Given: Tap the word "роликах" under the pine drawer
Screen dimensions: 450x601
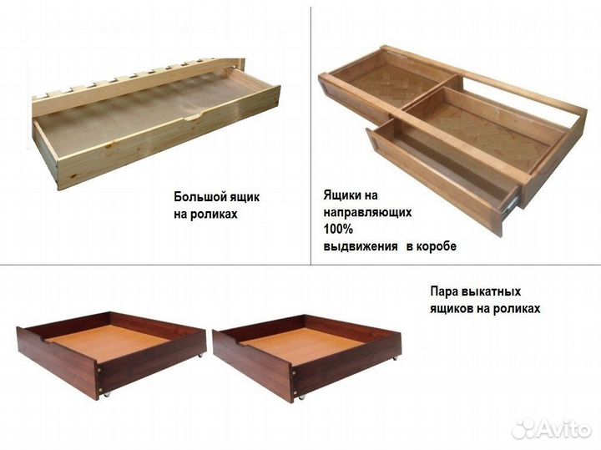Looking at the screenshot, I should [211, 213].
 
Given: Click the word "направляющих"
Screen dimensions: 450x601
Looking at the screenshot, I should [367, 213].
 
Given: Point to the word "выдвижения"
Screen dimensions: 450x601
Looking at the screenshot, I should [357, 247].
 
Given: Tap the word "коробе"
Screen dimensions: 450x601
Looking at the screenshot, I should [436, 247].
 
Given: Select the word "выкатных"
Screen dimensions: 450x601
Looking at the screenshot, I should [492, 292].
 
